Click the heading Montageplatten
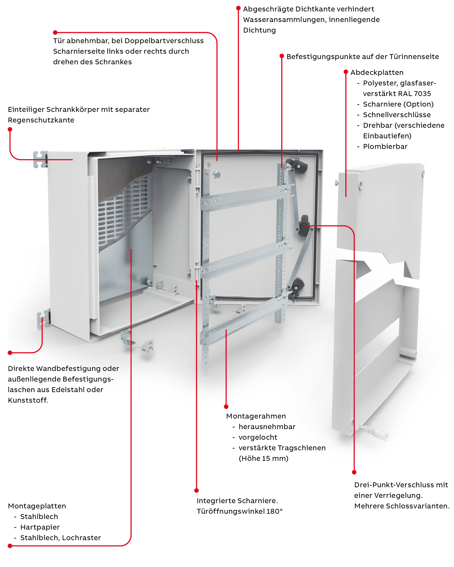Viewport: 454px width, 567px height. coord(37,506)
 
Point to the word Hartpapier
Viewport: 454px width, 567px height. coord(40,527)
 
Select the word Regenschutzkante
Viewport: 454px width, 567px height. coord(41,120)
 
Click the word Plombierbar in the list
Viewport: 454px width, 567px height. coord(385,147)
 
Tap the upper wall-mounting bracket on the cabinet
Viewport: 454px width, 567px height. coord(40,159)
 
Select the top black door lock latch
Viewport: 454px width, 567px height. coord(297,165)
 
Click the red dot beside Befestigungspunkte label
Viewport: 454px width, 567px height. coord(281,56)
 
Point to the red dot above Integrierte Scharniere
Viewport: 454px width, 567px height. coord(196,490)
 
